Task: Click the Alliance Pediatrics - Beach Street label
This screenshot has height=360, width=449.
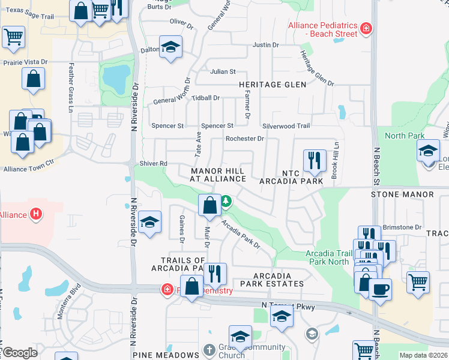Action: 323,29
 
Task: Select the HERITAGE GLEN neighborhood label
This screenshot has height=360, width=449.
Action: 268,85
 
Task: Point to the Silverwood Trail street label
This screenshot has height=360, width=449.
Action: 286,126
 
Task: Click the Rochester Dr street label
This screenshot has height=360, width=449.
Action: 244,139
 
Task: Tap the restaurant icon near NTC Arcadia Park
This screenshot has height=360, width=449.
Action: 315,160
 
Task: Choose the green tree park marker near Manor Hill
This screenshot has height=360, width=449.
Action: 226,202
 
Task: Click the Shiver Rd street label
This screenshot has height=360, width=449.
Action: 154,163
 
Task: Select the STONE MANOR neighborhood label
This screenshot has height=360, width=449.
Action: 402,194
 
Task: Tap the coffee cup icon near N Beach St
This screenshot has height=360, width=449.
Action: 379,290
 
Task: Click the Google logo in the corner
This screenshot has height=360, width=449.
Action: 20,353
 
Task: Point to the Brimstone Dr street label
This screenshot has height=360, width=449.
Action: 402,227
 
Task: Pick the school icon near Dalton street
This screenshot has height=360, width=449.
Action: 170,47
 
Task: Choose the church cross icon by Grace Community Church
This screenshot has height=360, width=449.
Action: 208,349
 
